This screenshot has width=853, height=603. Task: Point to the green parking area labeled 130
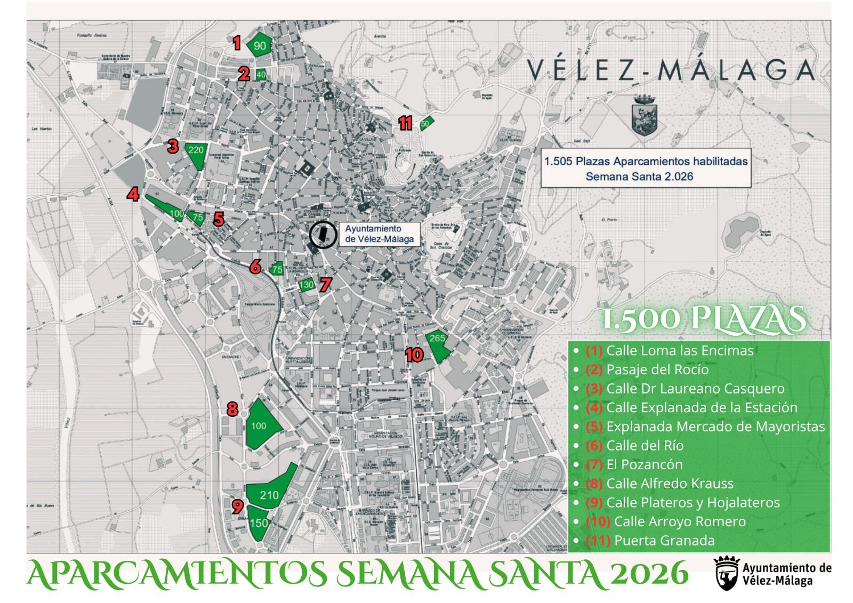(306, 285)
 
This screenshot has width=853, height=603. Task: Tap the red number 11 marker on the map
(405, 124)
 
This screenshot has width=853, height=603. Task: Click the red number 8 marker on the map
(232, 409)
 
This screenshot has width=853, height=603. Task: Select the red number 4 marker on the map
(133, 194)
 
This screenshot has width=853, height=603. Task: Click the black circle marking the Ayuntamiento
(323, 235)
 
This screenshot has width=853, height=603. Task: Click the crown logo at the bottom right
(726, 572)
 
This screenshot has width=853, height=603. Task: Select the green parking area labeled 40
(261, 75)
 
